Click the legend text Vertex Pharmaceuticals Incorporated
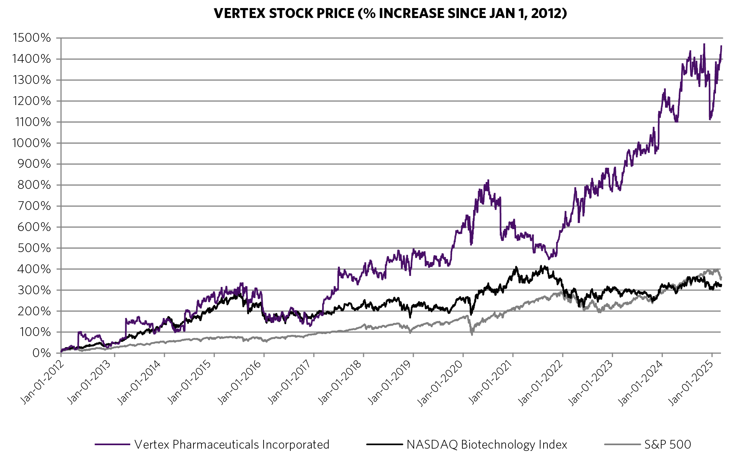(x=232, y=444)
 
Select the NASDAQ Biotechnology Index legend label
(x=487, y=444)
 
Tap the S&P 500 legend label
(x=667, y=444)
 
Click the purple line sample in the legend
(x=113, y=444)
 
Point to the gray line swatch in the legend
(x=622, y=444)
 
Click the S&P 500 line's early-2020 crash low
(x=472, y=334)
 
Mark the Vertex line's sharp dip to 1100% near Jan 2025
(x=710, y=119)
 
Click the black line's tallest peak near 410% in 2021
(x=541, y=265)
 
